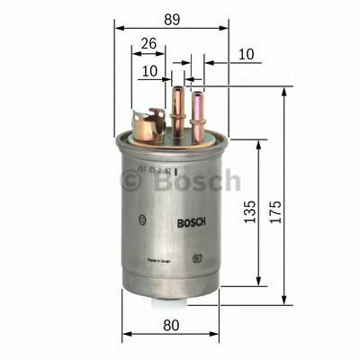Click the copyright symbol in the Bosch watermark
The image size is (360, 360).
click(x=132, y=182)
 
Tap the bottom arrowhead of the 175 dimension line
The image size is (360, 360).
click(x=285, y=301)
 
